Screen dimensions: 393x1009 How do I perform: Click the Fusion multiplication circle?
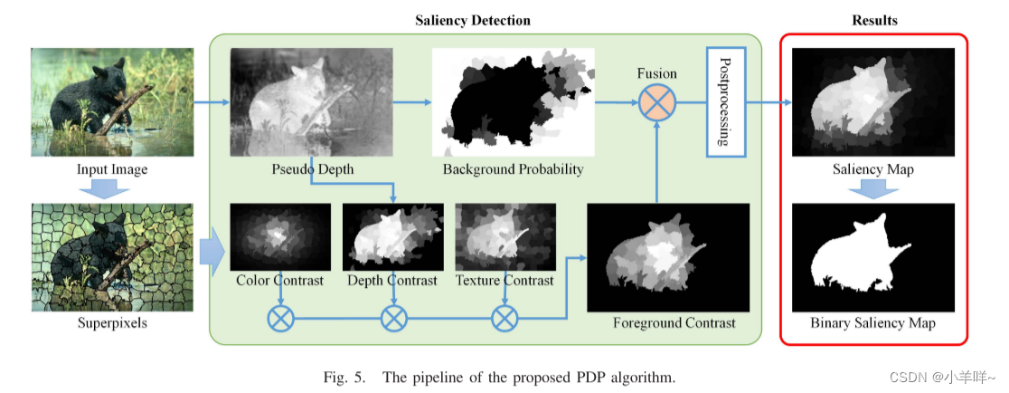pos(657,103)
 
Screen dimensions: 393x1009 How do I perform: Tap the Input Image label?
pos(113,169)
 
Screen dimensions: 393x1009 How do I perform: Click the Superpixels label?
pos(113,323)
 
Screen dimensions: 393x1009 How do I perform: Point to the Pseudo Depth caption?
pos(312,169)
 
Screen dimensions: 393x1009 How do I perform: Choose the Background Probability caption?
pos(513,169)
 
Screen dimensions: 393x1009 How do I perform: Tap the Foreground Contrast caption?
pos(674,323)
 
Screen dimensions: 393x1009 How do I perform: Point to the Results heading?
pos(873,20)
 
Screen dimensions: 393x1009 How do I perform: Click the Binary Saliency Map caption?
pos(872,323)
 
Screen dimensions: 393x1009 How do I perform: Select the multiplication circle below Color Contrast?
pos(279,318)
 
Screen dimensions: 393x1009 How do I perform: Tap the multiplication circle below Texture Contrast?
pos(504,318)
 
